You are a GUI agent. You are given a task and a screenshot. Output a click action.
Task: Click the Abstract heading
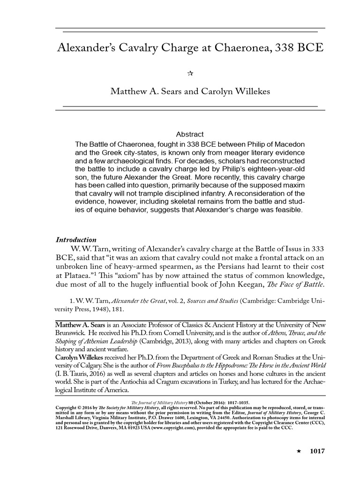189,135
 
